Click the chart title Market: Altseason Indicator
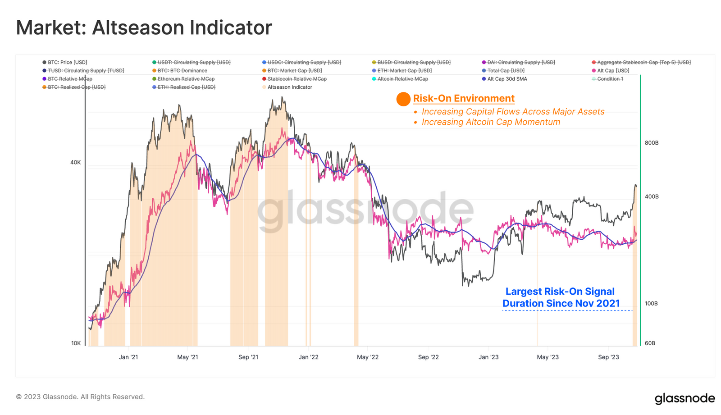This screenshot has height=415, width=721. point(144,27)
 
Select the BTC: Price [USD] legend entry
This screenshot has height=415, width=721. point(67,62)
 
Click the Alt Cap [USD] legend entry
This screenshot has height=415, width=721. point(613,71)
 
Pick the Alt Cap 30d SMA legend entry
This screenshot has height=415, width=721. point(507,79)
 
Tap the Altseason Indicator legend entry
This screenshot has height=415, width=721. point(289,87)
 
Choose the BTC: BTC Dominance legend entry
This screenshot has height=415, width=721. point(182,71)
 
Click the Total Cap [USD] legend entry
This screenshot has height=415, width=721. point(506,71)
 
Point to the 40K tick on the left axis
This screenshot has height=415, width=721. point(75,162)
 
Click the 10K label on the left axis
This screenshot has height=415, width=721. point(76,343)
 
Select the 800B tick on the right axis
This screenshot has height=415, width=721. point(652,143)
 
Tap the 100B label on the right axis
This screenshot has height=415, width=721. point(652,303)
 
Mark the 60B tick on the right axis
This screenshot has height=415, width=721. point(650,343)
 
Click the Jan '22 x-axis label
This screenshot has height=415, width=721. point(308,357)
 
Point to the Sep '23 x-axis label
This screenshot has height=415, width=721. point(608,357)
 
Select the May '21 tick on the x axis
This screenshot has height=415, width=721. point(187,357)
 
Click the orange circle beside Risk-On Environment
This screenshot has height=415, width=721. point(403,99)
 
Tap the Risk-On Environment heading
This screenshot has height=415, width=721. point(464,99)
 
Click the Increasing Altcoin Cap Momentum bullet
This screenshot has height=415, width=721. point(491,122)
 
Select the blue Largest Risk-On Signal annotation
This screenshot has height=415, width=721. point(561,297)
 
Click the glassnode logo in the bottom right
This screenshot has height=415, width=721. point(684,399)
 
